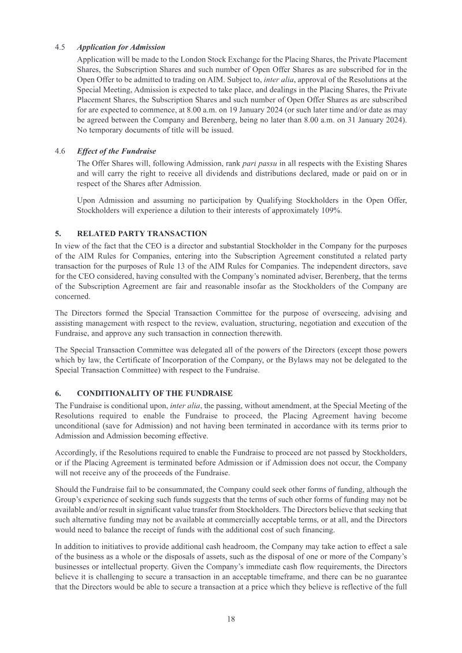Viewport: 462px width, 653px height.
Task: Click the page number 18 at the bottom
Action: coord(230,619)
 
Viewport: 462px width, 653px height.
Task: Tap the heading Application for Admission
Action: coord(121,47)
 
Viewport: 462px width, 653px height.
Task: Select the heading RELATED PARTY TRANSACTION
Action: coord(141,234)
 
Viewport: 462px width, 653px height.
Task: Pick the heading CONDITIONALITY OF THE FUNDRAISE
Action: coord(154,393)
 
